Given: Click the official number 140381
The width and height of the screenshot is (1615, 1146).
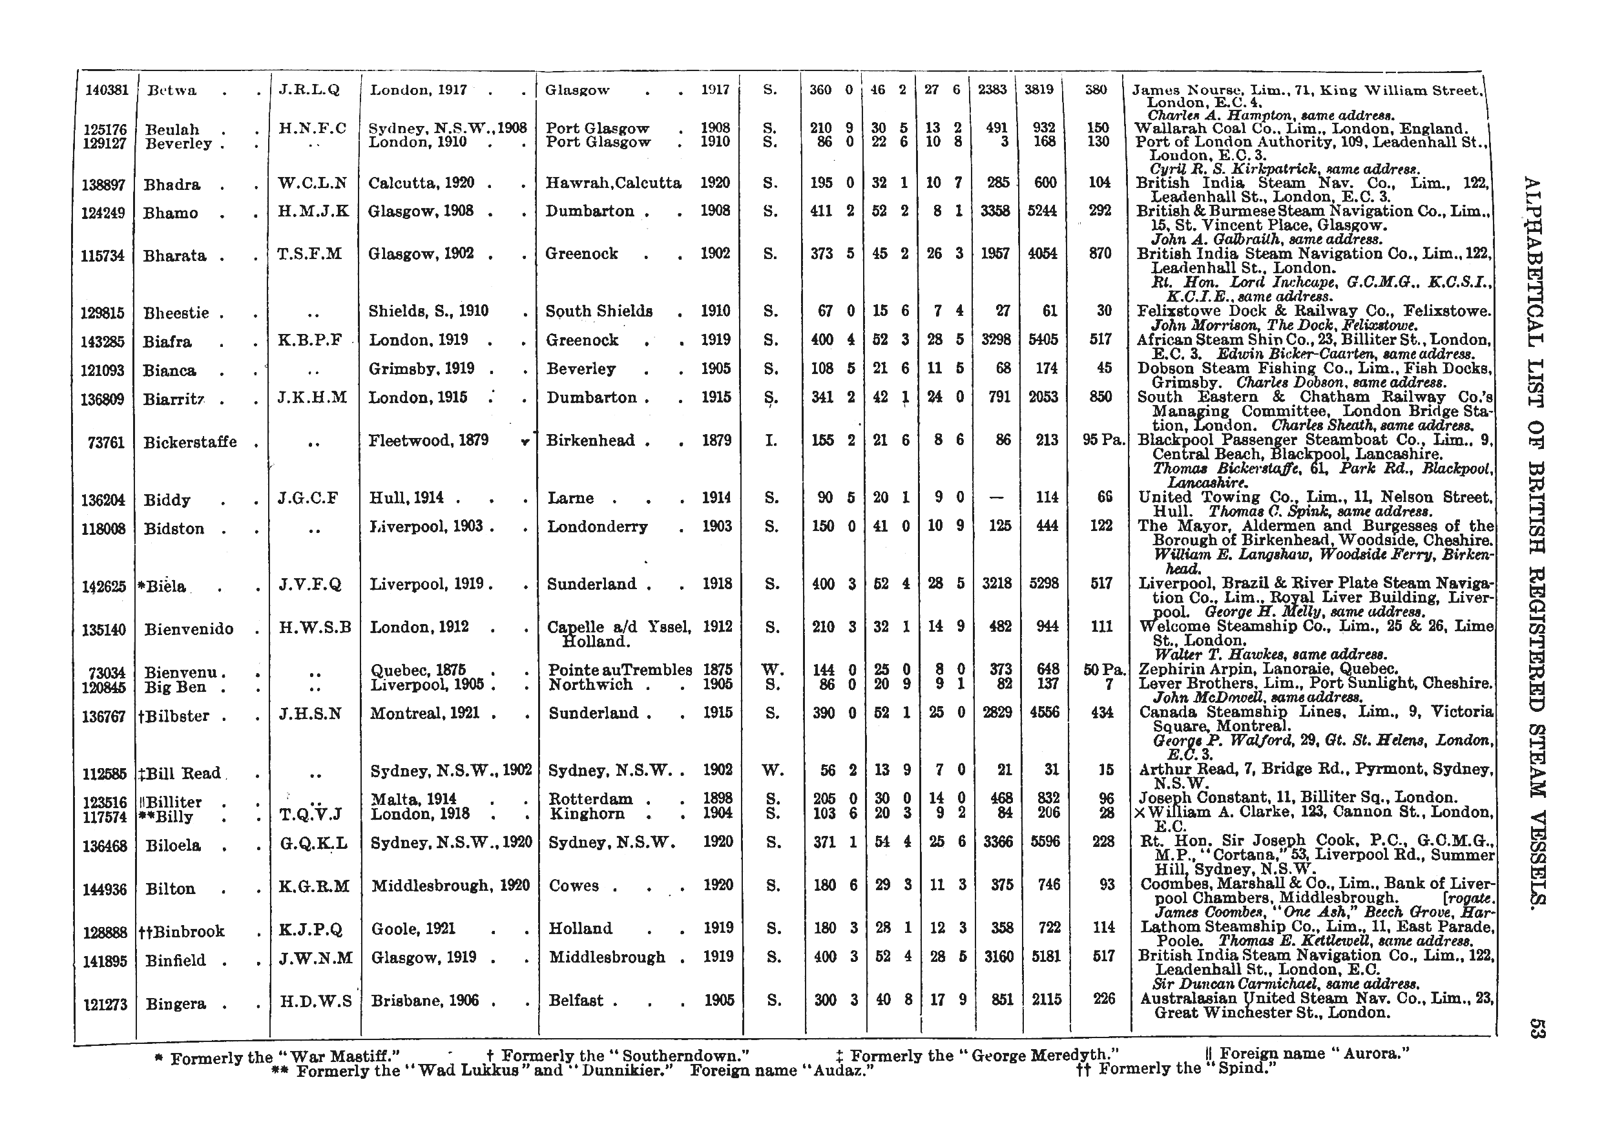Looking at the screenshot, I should tap(107, 90).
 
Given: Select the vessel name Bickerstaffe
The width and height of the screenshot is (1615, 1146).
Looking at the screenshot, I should tap(190, 443).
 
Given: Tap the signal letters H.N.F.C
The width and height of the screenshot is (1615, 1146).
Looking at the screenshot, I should tap(313, 129).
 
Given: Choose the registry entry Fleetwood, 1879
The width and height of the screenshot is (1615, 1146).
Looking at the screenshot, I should tap(428, 441).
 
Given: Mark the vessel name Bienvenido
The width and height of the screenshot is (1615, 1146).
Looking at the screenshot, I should tap(189, 629).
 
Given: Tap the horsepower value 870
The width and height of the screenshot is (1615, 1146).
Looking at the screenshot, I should tap(1101, 253).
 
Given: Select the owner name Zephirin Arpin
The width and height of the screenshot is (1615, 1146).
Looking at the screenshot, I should tap(1202, 669).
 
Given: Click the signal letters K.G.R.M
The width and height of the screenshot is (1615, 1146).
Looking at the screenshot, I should tap(314, 886).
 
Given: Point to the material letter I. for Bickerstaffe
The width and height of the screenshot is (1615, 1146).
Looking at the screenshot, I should tap(772, 441).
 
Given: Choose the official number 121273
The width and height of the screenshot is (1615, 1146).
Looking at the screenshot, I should tap(105, 1003).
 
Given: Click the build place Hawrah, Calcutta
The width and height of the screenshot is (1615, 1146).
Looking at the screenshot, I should tap(613, 183).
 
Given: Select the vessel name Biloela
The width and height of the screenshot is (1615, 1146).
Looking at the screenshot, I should tap(173, 846).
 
